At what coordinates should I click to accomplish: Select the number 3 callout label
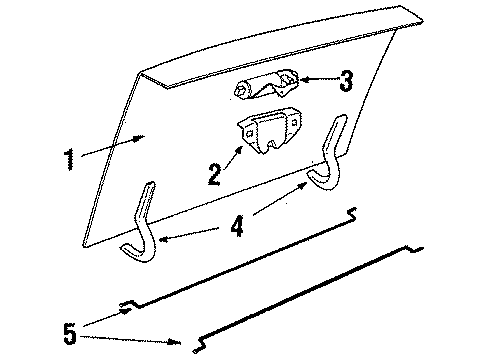(x=346, y=80)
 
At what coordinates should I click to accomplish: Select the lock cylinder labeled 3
(x=266, y=87)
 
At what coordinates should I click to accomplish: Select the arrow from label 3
(x=318, y=79)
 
